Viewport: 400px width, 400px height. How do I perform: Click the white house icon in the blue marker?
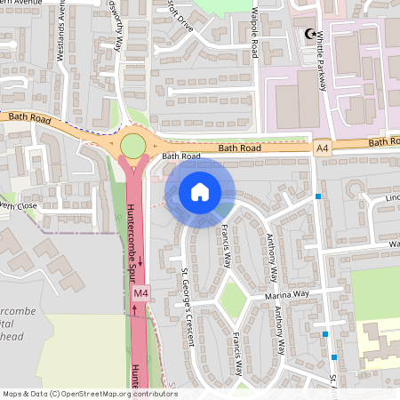pos(200,192)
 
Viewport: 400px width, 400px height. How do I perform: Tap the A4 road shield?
pos(322,151)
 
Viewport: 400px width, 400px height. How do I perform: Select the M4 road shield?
pos(140,293)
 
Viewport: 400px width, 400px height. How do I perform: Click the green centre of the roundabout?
pos(132,146)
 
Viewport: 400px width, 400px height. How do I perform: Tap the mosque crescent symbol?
pos(310,34)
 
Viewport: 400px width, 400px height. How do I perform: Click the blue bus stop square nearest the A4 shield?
pos(317,196)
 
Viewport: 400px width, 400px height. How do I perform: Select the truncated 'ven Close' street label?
pos(19,205)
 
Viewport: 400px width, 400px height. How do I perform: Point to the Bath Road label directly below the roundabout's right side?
pos(181,156)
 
